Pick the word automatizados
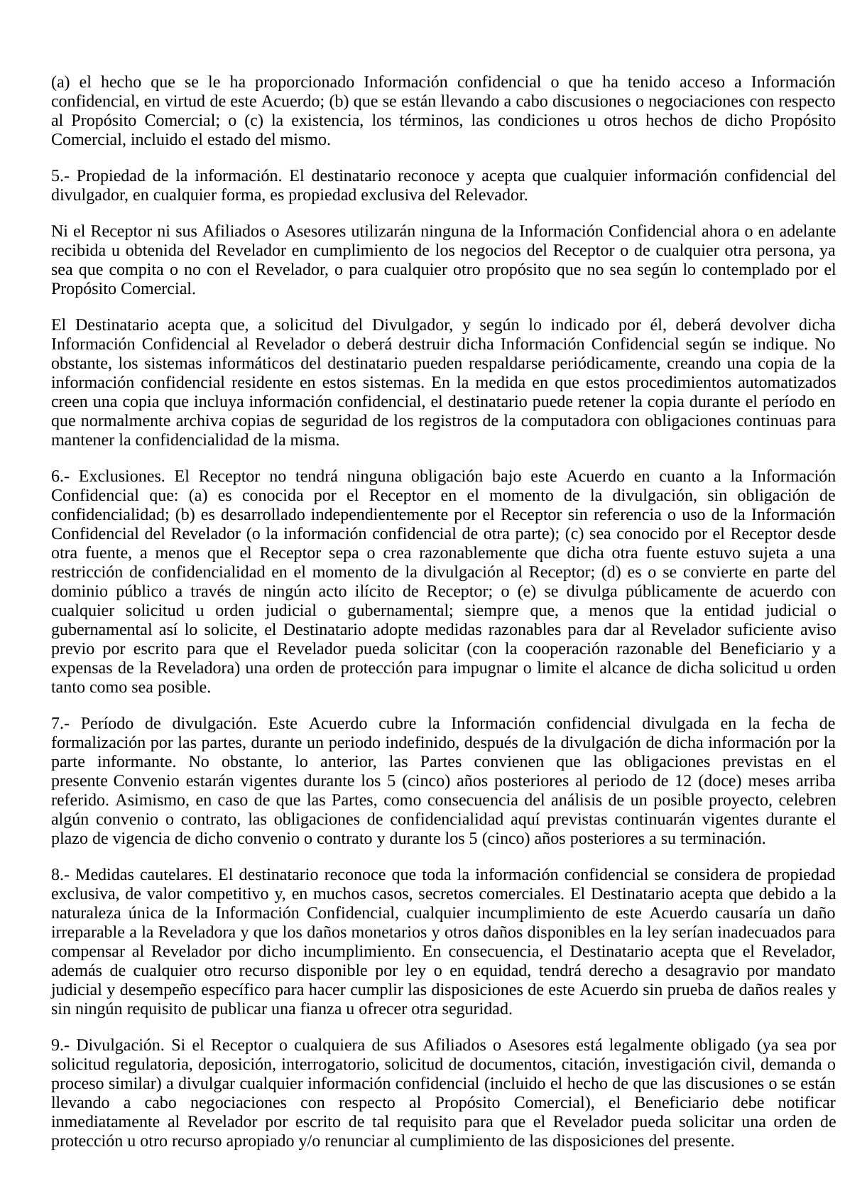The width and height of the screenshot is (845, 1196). (787, 383)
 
